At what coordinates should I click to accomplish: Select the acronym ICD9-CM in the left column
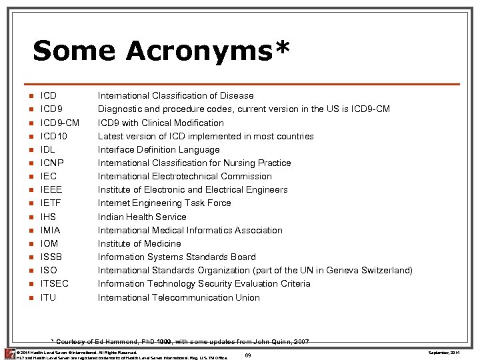[x=60, y=123]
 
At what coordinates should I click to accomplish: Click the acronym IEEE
[x=51, y=189]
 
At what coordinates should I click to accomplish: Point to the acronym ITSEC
[x=55, y=283]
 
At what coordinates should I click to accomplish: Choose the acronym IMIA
[x=51, y=230]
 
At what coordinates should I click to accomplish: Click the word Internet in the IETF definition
[x=115, y=203]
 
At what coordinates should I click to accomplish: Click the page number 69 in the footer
[x=247, y=355]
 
